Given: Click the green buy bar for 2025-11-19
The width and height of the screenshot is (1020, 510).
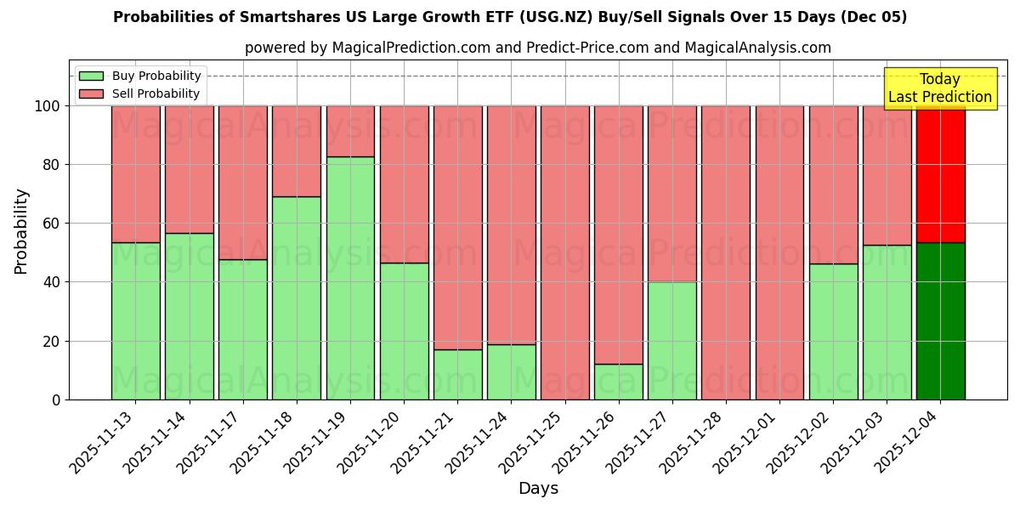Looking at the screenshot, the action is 350,278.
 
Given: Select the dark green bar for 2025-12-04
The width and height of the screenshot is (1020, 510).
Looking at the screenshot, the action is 940,321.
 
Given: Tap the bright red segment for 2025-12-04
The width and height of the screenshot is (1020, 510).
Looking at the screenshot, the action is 940,174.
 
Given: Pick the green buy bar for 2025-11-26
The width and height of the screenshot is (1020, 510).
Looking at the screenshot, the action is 619,382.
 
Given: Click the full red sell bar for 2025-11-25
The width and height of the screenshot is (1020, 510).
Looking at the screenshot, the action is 565,252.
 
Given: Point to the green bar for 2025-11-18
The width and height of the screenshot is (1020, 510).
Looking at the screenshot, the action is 297,297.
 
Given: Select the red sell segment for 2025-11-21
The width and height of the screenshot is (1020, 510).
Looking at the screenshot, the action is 458,228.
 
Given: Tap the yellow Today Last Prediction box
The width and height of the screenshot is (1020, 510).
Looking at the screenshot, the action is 940,88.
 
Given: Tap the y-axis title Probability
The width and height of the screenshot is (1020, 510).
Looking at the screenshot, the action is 21,231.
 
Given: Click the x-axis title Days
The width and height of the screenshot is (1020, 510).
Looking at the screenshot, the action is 538,489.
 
